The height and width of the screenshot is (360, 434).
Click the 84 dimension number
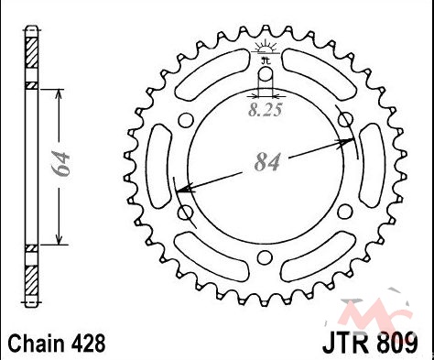pos(267,162)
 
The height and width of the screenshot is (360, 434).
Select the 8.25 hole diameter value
pos(265,110)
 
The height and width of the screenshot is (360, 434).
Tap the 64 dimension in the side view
pos(61,164)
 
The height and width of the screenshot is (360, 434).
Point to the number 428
pos(89,343)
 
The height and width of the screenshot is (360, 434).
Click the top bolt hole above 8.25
pos(266,74)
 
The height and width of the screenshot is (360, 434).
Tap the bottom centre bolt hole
pos(265,258)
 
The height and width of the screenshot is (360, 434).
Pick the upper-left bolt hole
pos(186,120)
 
